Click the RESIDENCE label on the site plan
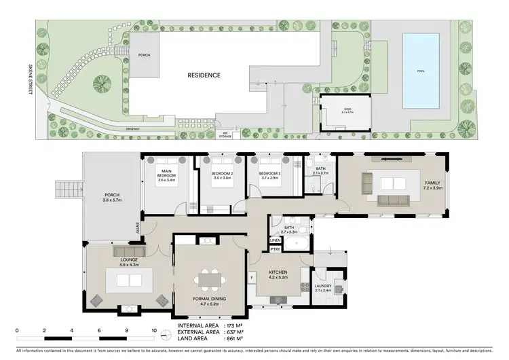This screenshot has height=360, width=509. click(204, 75)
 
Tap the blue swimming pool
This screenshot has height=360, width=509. click(420, 70)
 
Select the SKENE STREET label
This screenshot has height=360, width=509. click(30, 75)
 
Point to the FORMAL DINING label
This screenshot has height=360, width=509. click(210, 300)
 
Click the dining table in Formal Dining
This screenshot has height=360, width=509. click(210, 278)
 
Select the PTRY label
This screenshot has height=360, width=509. click(275, 250)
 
